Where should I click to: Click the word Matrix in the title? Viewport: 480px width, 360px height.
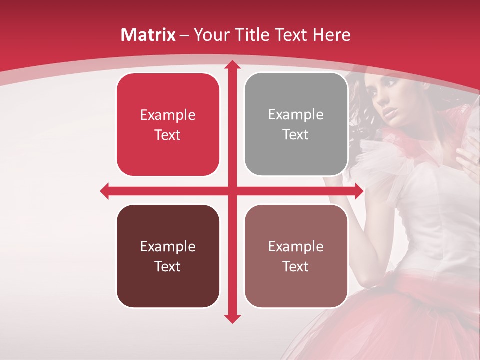coord(148,35)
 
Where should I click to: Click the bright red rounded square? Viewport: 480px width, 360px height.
coord(168,124)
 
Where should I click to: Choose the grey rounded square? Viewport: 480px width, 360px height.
coord(296,124)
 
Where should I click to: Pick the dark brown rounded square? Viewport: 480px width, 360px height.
coord(168,256)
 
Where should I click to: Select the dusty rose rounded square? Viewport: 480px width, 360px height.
coord(296,256)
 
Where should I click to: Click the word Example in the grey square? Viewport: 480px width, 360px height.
coord(296,115)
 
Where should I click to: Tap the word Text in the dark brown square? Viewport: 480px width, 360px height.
coord(168,266)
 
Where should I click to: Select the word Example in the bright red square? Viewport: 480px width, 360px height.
coord(168,115)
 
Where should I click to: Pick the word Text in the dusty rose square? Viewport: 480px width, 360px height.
coord(296,266)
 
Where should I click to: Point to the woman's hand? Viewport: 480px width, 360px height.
coord(467,160)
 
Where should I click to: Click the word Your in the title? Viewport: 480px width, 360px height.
coord(210,35)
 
